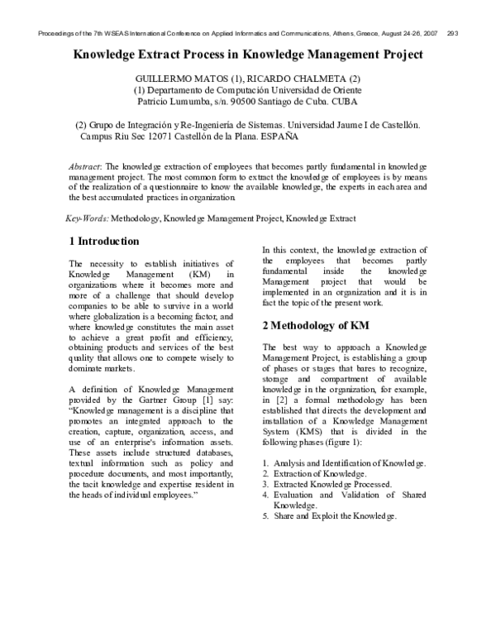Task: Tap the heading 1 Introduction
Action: tap(103, 242)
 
